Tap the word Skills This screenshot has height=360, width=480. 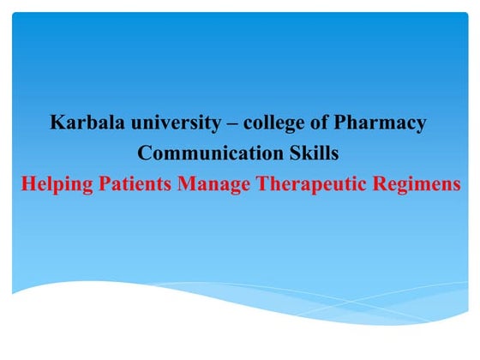coord(311,154)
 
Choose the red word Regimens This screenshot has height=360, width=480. coord(417,186)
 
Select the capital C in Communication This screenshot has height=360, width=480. coord(144,154)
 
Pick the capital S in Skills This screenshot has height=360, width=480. coord(287,154)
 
